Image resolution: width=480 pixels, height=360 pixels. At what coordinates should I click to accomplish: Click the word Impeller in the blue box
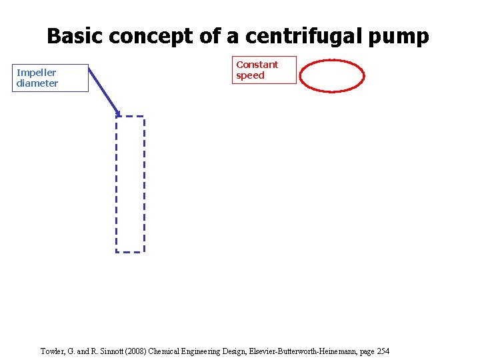point(36,72)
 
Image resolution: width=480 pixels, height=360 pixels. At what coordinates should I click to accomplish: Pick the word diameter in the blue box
point(37,83)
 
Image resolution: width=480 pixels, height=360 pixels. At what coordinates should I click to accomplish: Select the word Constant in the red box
point(257,65)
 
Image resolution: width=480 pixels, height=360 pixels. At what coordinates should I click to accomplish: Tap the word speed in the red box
point(250,75)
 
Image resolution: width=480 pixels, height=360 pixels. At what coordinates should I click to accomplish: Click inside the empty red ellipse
point(331,77)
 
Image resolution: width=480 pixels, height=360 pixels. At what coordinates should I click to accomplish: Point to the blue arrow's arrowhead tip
point(119,115)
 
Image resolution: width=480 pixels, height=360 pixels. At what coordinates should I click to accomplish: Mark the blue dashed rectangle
point(130,184)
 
